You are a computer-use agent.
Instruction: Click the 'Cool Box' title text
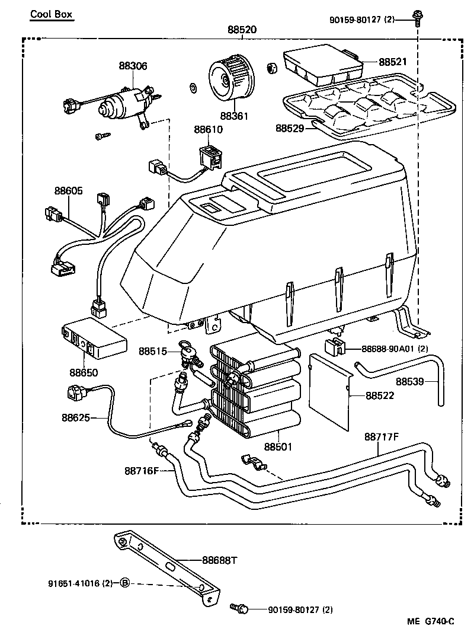point(52,14)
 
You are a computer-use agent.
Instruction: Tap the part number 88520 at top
point(242,30)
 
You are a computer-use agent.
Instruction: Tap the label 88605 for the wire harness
point(69,191)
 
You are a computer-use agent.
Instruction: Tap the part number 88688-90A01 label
point(394,349)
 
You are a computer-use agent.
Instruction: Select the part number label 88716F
point(142,471)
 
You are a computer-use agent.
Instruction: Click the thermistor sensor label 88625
point(75,417)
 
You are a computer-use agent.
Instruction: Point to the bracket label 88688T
point(219,560)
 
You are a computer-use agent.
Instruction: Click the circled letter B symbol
point(124,583)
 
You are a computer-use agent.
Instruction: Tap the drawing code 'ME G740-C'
point(430,621)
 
